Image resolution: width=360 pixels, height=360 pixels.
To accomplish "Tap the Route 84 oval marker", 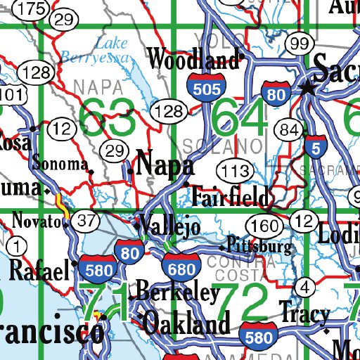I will click(289, 129).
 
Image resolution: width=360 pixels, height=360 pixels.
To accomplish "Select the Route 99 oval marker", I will click(299, 44).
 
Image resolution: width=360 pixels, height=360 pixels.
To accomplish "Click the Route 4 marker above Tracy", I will click(304, 286).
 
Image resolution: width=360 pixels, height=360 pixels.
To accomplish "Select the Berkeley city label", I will click(177, 292).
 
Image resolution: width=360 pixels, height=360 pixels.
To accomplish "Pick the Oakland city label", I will click(188, 325).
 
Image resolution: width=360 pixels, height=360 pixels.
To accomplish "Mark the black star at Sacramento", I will click(307, 88).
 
